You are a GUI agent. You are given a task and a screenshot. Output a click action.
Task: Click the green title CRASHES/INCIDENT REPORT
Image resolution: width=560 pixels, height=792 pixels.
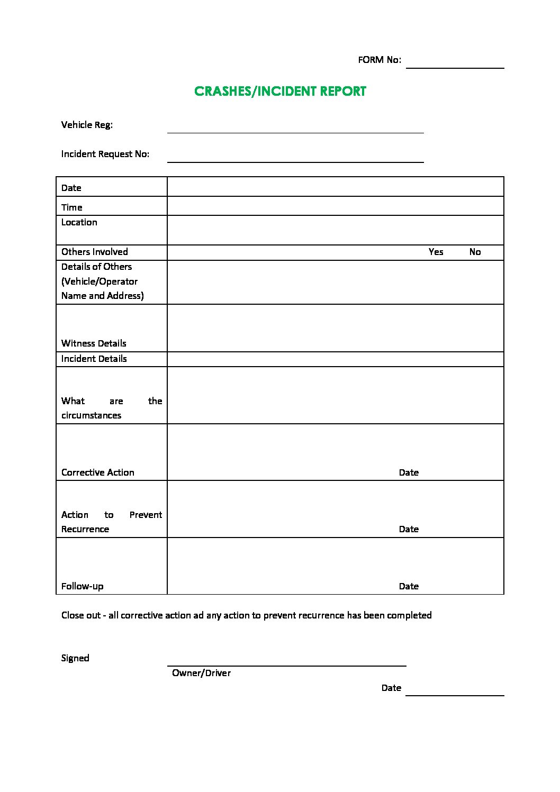pos(280,92)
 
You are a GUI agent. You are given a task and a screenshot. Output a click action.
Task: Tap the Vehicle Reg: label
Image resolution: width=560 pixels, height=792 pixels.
pos(87,125)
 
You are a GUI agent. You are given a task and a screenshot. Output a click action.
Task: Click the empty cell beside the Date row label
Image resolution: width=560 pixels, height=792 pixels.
pos(335,187)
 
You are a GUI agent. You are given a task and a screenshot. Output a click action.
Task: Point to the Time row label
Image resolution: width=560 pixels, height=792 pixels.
pos(72,207)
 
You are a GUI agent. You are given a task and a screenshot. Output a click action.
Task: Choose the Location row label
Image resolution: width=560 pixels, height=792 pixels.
pos(79,222)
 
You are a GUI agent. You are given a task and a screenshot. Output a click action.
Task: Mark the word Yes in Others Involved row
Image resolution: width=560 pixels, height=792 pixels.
pos(436,252)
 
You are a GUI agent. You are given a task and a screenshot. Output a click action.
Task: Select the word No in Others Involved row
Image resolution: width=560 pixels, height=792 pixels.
pos(475,252)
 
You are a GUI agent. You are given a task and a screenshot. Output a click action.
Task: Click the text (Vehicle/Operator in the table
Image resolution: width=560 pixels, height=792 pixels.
pos(100,281)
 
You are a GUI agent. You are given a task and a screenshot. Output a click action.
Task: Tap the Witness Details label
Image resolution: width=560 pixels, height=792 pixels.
pos(94,343)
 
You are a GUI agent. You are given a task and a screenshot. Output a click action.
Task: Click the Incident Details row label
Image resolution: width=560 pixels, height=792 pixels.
pos(94,359)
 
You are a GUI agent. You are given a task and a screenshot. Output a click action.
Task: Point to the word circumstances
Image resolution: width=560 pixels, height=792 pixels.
pos(91,415)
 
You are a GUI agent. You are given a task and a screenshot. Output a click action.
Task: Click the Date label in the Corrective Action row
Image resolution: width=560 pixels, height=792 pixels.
pos(409,472)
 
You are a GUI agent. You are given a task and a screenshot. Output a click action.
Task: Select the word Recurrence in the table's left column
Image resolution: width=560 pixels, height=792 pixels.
pos(85,529)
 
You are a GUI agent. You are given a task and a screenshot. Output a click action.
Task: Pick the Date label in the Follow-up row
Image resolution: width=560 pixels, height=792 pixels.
pos(409,586)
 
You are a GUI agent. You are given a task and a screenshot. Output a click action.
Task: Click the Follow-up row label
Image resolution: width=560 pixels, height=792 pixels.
pos(83,586)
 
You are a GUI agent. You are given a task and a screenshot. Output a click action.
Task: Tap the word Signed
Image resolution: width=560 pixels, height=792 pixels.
pos(75,658)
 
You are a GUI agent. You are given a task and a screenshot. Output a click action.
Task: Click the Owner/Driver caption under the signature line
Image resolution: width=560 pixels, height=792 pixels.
pos(201,673)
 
